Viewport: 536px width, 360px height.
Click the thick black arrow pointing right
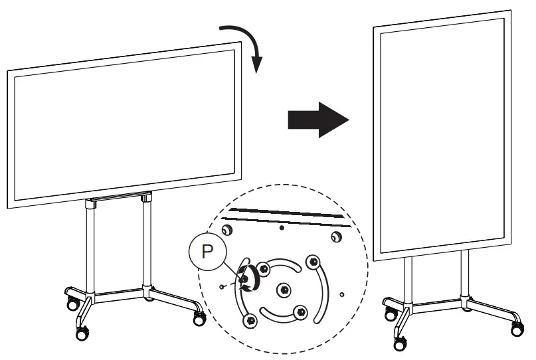coord(317,120)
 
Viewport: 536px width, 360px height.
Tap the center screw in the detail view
coord(284,289)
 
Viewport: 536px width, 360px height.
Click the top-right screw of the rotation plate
coord(312,261)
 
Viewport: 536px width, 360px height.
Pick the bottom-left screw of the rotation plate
coord(250,321)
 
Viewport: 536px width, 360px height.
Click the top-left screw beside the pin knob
coord(264,269)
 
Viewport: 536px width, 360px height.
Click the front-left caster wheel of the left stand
coord(82,333)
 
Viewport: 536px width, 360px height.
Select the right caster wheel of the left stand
coord(197,319)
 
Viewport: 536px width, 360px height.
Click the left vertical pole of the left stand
coord(89,246)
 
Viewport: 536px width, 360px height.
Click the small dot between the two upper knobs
coord(281,227)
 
